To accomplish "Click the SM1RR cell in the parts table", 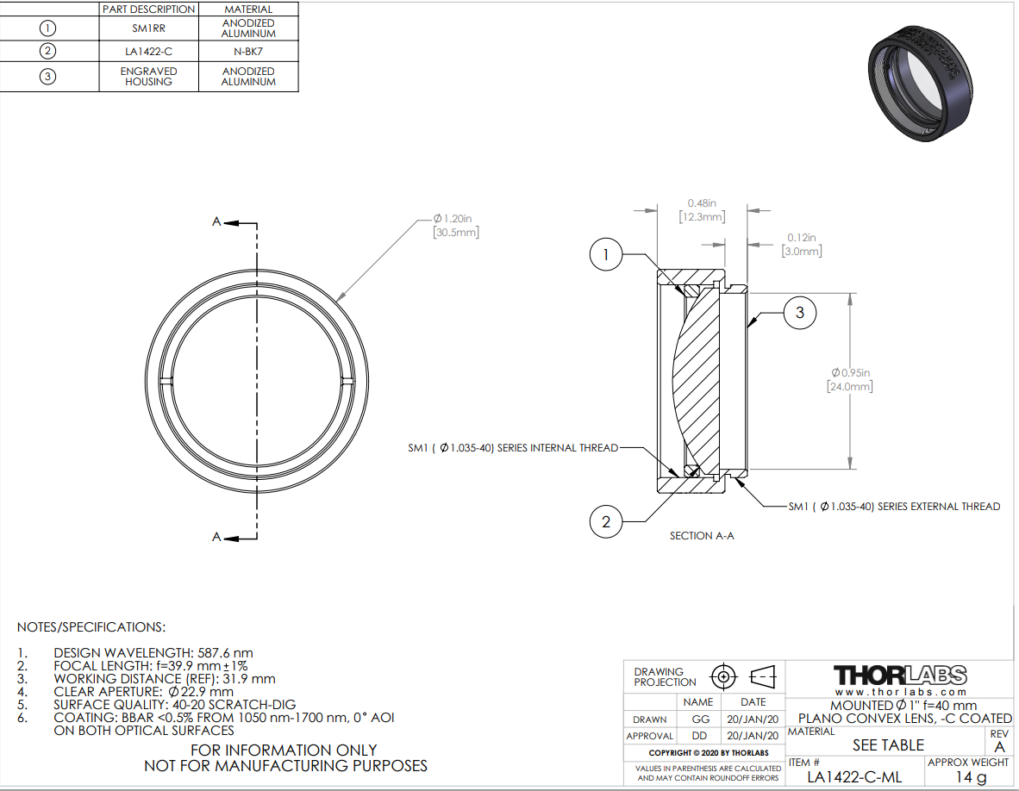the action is click(x=149, y=28).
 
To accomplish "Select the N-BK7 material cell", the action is click(x=248, y=52).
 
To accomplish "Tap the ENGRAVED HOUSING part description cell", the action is click(x=149, y=77).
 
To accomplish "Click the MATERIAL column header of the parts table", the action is click(x=248, y=9).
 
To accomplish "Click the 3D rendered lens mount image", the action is click(x=920, y=83).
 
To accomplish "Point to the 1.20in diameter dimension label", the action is click(x=456, y=226).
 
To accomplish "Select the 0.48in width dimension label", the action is click(x=702, y=210).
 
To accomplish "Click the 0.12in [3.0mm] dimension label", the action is click(x=802, y=245).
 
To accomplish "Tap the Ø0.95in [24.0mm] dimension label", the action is click(x=850, y=380).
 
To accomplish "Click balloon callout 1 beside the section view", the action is click(x=606, y=254).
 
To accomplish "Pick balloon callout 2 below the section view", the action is click(x=606, y=522).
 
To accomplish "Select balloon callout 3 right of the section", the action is click(x=800, y=313).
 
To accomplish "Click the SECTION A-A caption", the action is click(x=702, y=536).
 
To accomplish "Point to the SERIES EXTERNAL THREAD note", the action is click(x=894, y=507).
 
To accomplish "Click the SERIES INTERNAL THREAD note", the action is click(x=514, y=448).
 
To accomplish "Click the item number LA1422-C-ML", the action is click(x=854, y=776).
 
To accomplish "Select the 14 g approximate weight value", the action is click(x=971, y=776).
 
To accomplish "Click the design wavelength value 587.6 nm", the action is click(x=223, y=652).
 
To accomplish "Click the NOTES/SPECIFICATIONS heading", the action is click(x=91, y=627).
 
